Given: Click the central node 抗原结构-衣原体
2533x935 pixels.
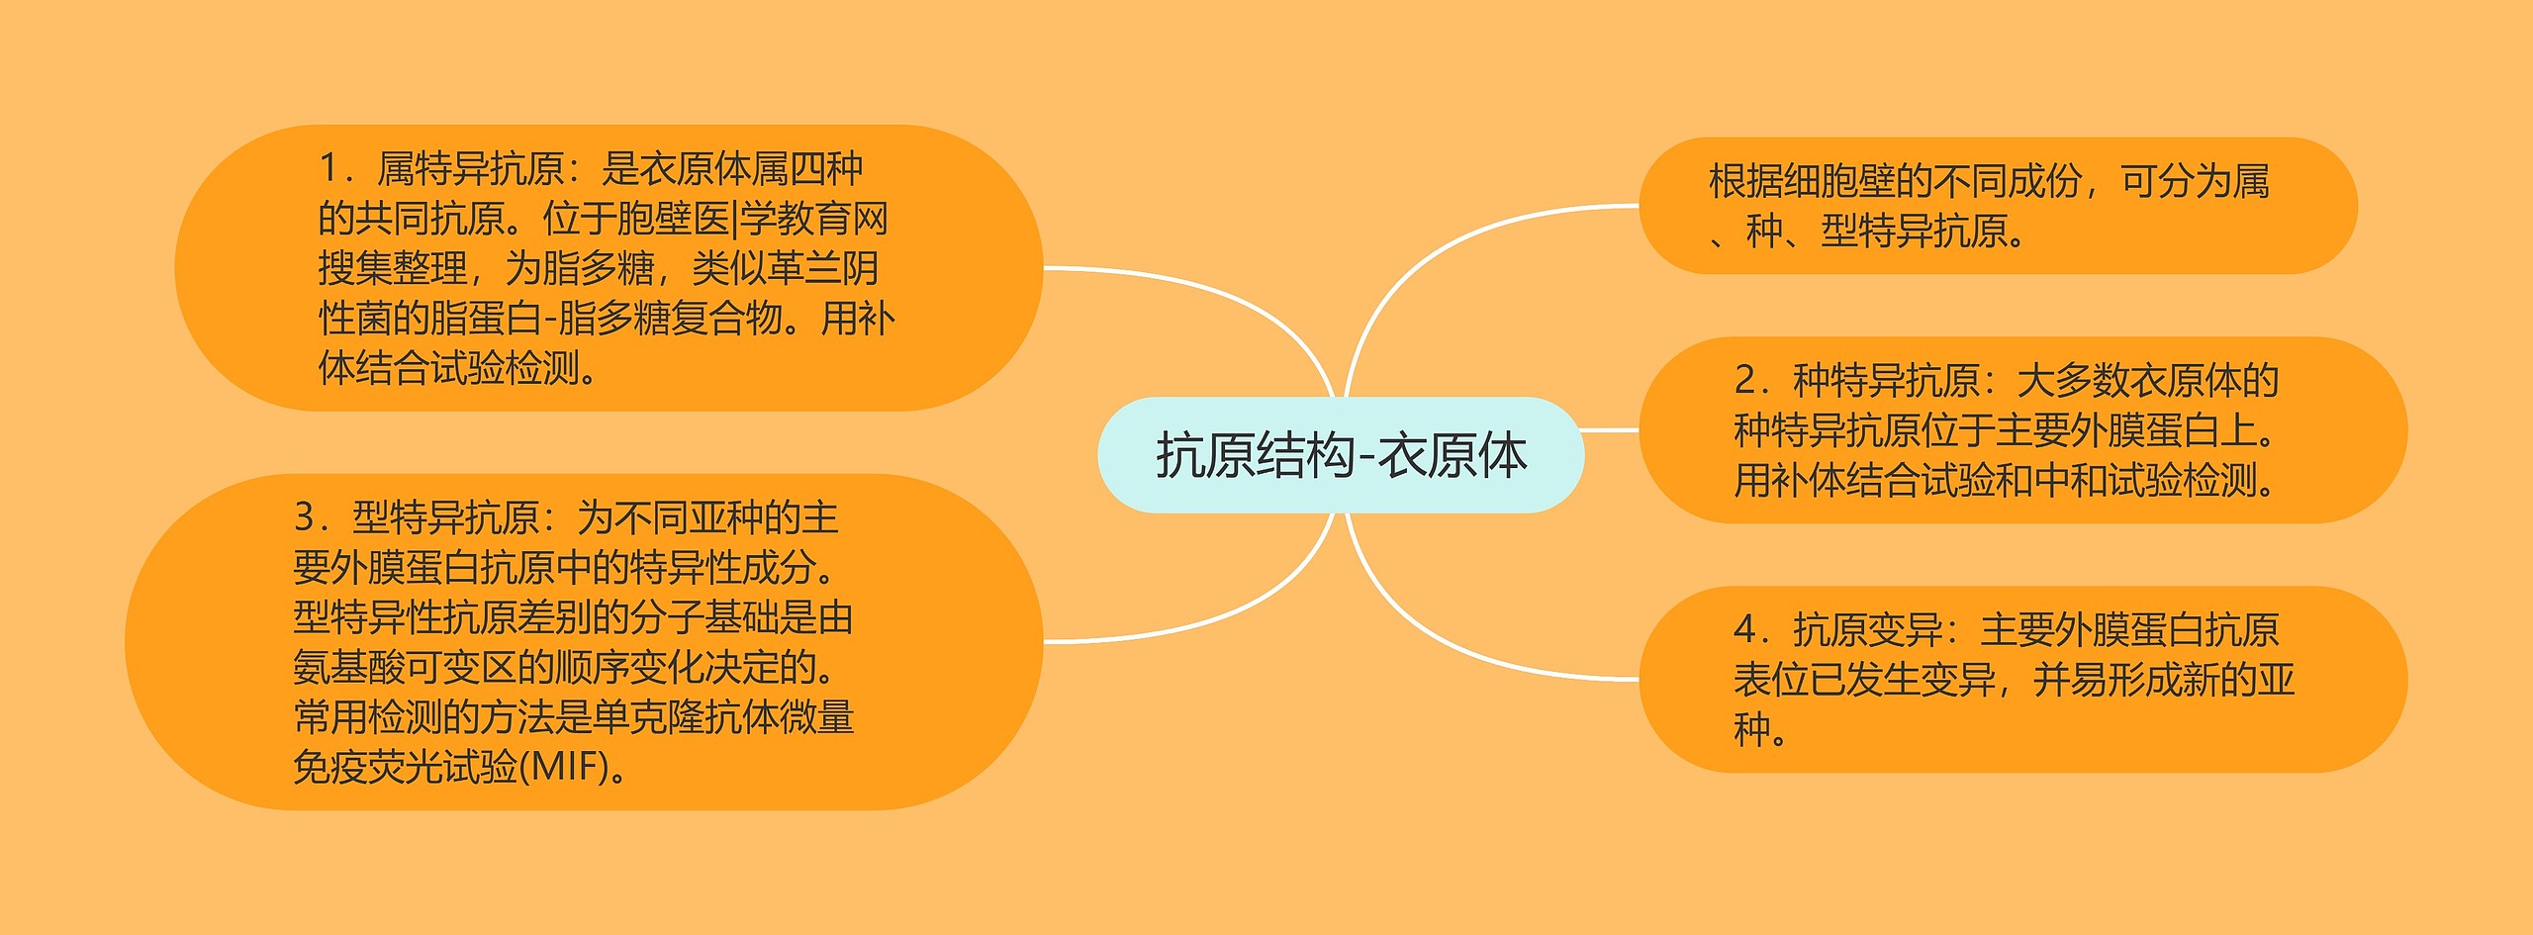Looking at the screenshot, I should pyautogui.click(x=1341, y=455).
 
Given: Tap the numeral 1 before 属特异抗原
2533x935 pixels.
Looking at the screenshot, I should pyautogui.click(x=329, y=169).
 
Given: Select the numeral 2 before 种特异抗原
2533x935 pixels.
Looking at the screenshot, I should pyautogui.click(x=1745, y=380).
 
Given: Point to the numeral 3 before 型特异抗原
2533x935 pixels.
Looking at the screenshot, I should pyautogui.click(x=305, y=517).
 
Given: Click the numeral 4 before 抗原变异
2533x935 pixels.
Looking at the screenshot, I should pyautogui.click(x=1745, y=629).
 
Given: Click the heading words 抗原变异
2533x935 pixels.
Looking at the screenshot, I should pyautogui.click(x=1868, y=629).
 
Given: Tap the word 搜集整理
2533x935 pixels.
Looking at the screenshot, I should pyautogui.click(x=393, y=268).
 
